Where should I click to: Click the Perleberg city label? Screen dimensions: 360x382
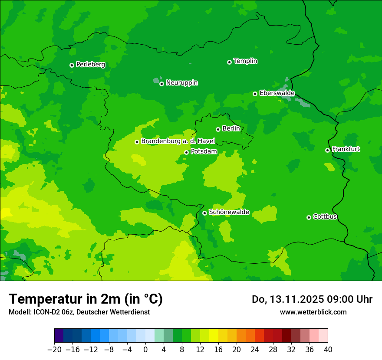click(90, 65)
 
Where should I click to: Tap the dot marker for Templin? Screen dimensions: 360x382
click(229, 62)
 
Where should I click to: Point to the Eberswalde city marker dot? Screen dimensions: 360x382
click(255, 94)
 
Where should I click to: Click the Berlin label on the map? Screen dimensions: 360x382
click(231, 128)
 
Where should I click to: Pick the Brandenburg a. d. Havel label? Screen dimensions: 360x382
click(178, 141)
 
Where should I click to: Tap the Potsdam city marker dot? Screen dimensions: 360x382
click(186, 152)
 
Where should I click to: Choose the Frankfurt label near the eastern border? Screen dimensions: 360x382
click(346, 149)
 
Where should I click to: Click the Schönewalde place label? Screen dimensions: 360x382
click(229, 212)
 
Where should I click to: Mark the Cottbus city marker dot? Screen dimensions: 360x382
click(309, 217)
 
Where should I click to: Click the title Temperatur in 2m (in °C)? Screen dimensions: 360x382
click(86, 299)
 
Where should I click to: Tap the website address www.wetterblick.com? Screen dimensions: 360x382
click(313, 312)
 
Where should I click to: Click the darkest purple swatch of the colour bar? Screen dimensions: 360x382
click(59, 336)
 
